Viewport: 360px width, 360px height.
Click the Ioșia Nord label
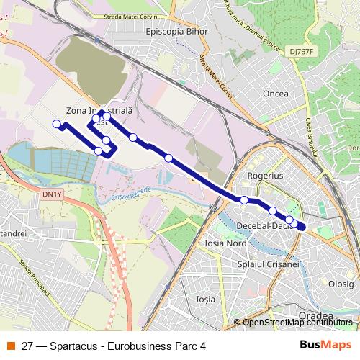(226, 243)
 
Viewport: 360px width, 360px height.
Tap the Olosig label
(341, 284)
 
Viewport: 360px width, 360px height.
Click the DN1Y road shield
(51, 193)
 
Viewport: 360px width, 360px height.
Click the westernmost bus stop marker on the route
(57, 124)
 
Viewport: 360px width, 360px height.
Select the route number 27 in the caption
(28, 346)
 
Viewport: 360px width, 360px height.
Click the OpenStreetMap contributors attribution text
(297, 323)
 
